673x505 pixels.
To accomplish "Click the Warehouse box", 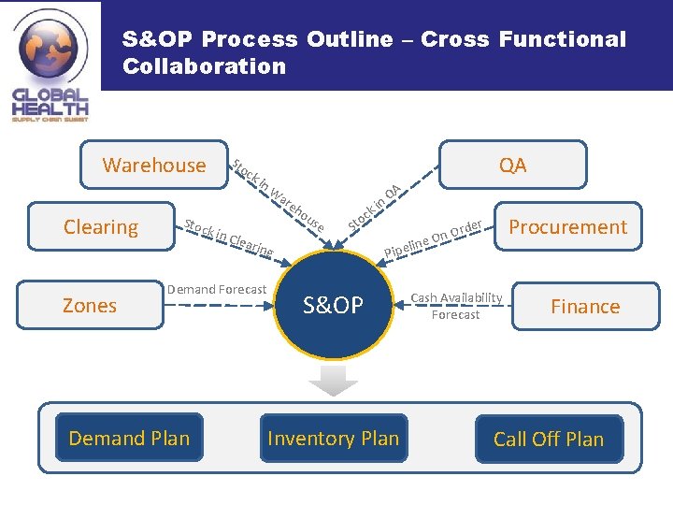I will (154, 166).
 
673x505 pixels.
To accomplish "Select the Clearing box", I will (101, 227).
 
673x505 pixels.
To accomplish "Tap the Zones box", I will (90, 306).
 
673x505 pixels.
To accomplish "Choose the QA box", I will (512, 166).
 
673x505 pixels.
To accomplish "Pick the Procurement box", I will (567, 227).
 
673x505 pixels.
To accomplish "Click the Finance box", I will (585, 307).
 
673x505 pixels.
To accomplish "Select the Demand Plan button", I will (129, 438).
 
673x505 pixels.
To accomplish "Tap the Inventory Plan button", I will (333, 438).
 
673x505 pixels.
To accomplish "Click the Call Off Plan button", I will (549, 439).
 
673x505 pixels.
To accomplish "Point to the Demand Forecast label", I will (217, 290).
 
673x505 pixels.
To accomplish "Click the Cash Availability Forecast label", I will (457, 306).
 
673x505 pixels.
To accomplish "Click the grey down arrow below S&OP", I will (334, 380).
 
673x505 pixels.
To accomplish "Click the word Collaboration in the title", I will (204, 66).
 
